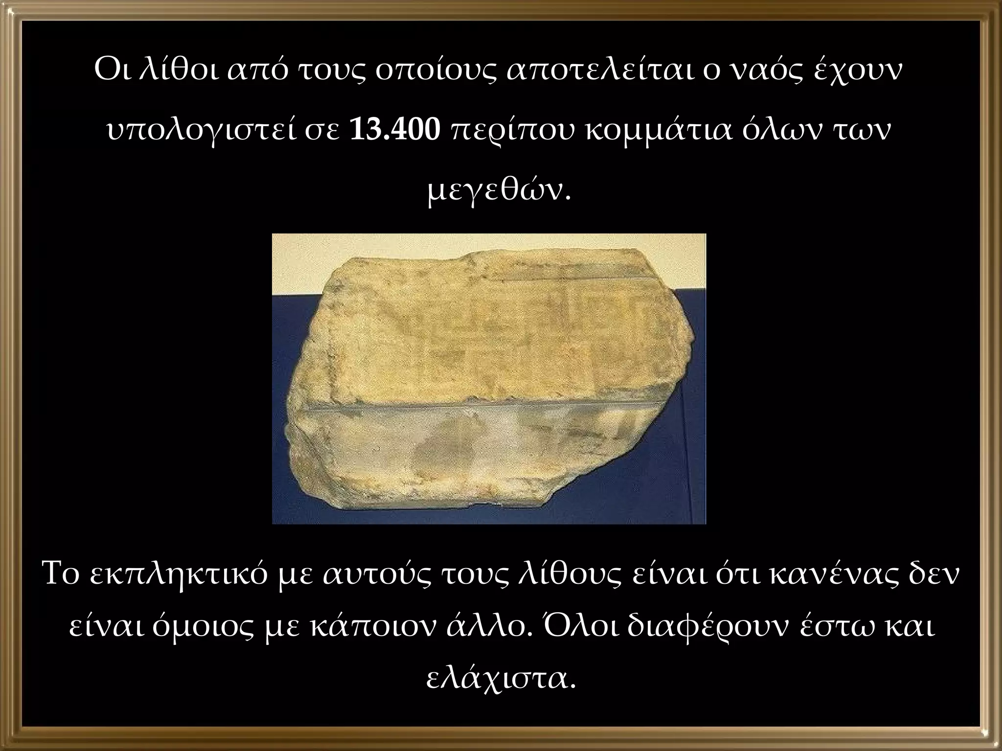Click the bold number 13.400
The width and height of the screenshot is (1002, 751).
[x=395, y=131]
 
